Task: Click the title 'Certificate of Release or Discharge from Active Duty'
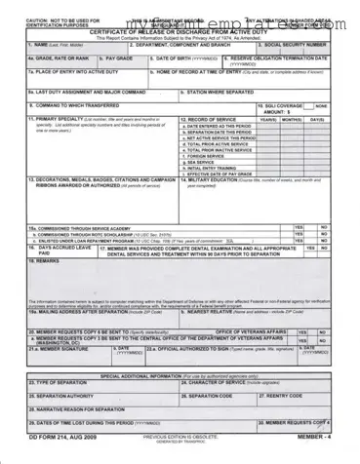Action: point(180,32)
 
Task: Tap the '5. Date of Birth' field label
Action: point(181,58)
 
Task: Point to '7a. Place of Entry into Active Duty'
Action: point(67,71)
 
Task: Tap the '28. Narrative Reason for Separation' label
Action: point(79,409)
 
